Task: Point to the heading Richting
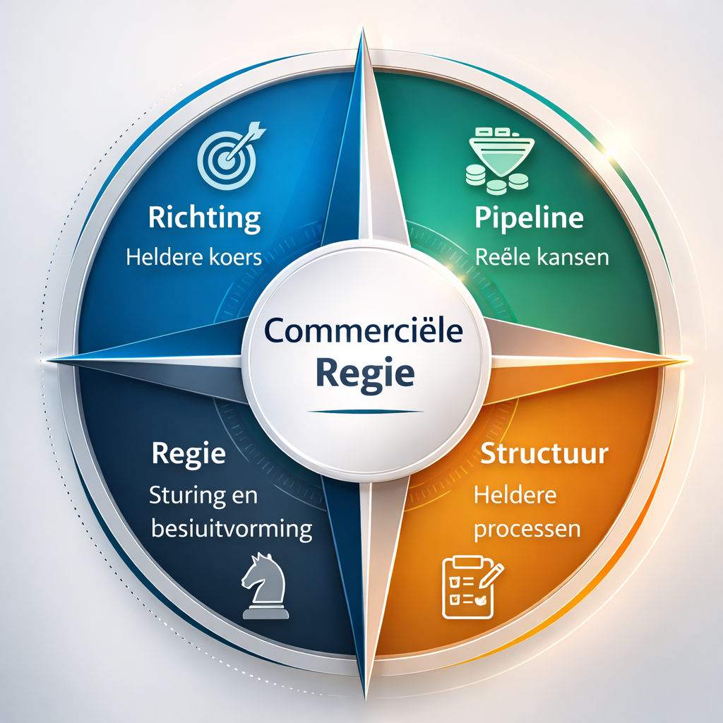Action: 204,217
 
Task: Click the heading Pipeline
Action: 529,217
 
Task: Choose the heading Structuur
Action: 544,454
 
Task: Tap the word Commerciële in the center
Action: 364,330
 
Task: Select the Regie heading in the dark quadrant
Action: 189,455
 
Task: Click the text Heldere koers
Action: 193,257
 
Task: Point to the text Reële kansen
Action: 542,257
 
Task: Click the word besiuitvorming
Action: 232,528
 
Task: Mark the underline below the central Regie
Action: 365,412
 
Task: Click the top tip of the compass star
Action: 364,28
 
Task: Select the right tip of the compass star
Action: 687,359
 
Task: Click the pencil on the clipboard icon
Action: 491,575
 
